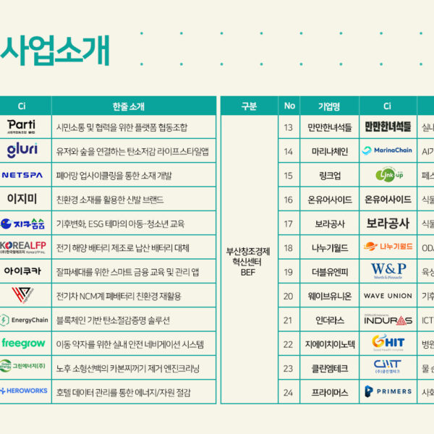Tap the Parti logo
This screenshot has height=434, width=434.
click(x=22, y=127)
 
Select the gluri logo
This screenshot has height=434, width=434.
click(x=22, y=150)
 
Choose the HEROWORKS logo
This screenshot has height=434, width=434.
click(x=23, y=391)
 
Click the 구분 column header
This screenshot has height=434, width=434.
click(x=248, y=106)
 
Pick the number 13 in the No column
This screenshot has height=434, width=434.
click(x=289, y=127)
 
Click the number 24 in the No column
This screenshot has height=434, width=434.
click(x=289, y=391)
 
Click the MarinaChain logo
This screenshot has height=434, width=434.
click(x=387, y=150)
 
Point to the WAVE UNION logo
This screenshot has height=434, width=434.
click(x=387, y=295)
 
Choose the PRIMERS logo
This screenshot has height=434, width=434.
click(x=387, y=391)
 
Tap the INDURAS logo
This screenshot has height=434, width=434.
click(x=387, y=319)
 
